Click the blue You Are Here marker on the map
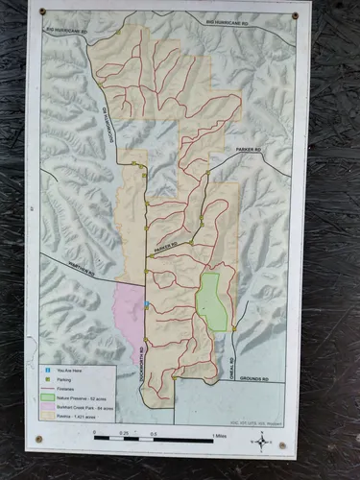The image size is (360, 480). click(146, 304)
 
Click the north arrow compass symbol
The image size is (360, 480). click(261, 440)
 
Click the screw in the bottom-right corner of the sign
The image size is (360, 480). click(282, 444)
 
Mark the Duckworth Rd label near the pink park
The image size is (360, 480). click(140, 360)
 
